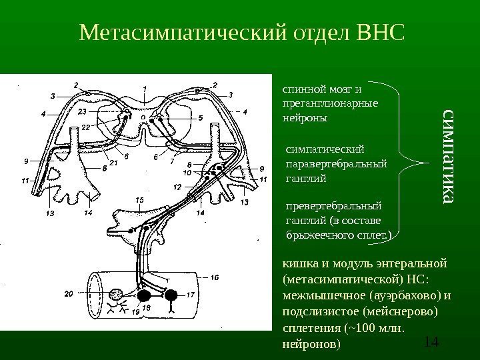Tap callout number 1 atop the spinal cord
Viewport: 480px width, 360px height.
tap(145, 87)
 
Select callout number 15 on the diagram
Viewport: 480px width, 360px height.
tap(139, 199)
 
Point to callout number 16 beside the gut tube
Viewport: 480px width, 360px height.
tap(215, 277)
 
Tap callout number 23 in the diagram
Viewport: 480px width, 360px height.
tap(81, 111)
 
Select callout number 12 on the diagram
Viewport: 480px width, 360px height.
tap(178, 187)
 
